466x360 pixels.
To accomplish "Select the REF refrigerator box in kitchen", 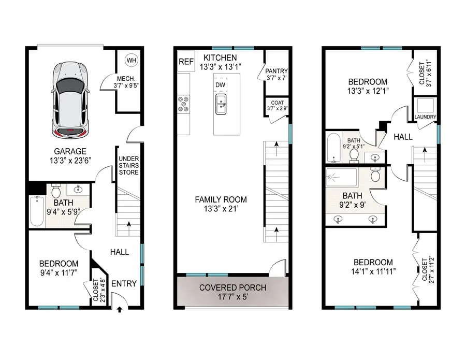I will pyautogui.click(x=185, y=62).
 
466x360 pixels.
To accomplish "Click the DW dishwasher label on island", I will pyautogui.click(x=220, y=84).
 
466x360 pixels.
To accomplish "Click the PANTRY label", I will pyautogui.click(x=276, y=71).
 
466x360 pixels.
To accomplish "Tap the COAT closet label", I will pyautogui.click(x=276, y=105).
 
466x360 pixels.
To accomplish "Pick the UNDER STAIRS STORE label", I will pyautogui.click(x=128, y=165).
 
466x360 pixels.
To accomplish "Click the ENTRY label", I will pyautogui.click(x=124, y=283).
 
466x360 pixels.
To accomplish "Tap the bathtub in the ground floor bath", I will pyautogui.click(x=36, y=211).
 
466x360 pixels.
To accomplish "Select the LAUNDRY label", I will pyautogui.click(x=425, y=117).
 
